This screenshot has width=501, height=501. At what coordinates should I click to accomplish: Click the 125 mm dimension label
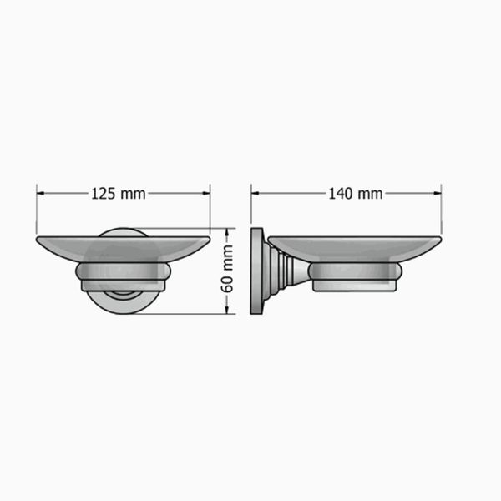pyautogui.click(x=118, y=194)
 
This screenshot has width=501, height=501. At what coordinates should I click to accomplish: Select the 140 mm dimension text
pyautogui.click(x=355, y=194)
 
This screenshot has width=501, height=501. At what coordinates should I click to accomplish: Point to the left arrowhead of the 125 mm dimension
pyautogui.click(x=40, y=194)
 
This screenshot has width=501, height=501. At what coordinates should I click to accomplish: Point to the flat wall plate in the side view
pyautogui.click(x=256, y=271)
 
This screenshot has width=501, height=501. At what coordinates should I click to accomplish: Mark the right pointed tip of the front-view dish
pyautogui.click(x=208, y=240)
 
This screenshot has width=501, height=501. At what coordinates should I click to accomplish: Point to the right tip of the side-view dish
pyautogui.click(x=439, y=240)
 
